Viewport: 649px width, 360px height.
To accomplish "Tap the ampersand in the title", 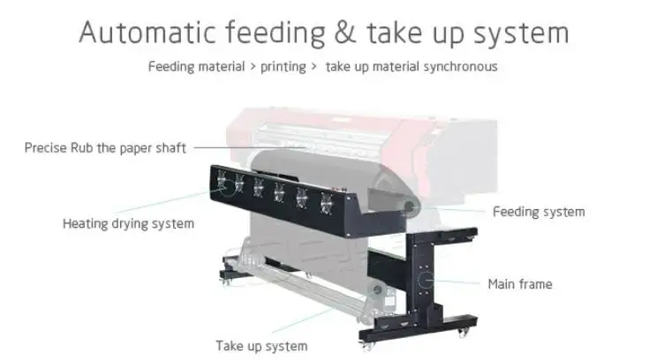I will [343, 34].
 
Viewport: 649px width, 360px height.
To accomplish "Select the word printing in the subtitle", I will [283, 66].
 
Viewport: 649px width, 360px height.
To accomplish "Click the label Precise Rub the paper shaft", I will [105, 147].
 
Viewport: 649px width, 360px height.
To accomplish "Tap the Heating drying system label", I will [128, 223].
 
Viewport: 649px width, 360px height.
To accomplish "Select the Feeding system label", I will [538, 211].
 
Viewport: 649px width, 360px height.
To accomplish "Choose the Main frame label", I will [520, 283].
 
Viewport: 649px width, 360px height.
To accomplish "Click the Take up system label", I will [261, 346].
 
